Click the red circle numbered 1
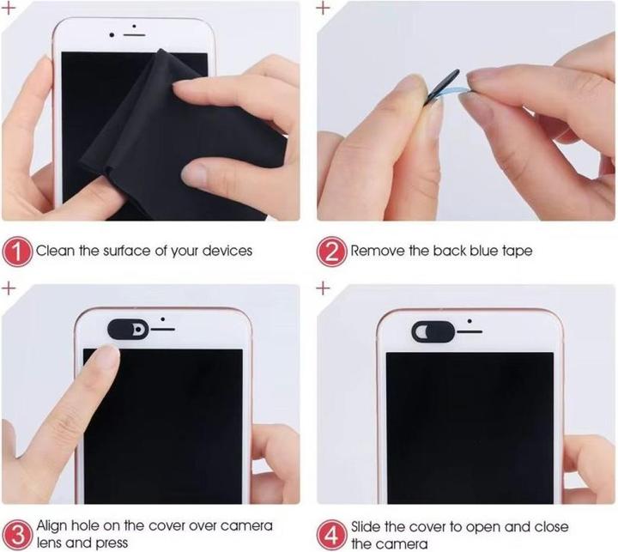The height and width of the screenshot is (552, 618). [x=16, y=252]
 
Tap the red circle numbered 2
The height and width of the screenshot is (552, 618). [x=331, y=252]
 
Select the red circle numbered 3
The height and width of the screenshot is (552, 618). [x=16, y=535]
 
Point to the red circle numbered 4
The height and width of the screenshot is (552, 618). [x=332, y=536]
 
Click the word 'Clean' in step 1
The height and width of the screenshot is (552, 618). [x=55, y=251]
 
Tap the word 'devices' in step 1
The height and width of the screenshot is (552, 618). [x=227, y=251]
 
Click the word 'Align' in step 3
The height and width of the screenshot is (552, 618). [x=52, y=525]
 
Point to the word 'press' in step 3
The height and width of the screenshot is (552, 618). [x=112, y=543]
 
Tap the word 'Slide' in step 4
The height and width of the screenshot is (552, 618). [x=367, y=526]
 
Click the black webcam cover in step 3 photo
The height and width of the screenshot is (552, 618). [x=128, y=330]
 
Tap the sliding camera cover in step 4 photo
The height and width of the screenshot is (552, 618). [x=433, y=331]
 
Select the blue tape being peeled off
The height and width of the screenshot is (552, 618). [x=453, y=90]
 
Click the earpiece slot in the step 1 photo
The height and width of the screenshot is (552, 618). [x=135, y=35]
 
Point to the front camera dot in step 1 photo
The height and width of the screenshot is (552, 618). [x=112, y=35]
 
